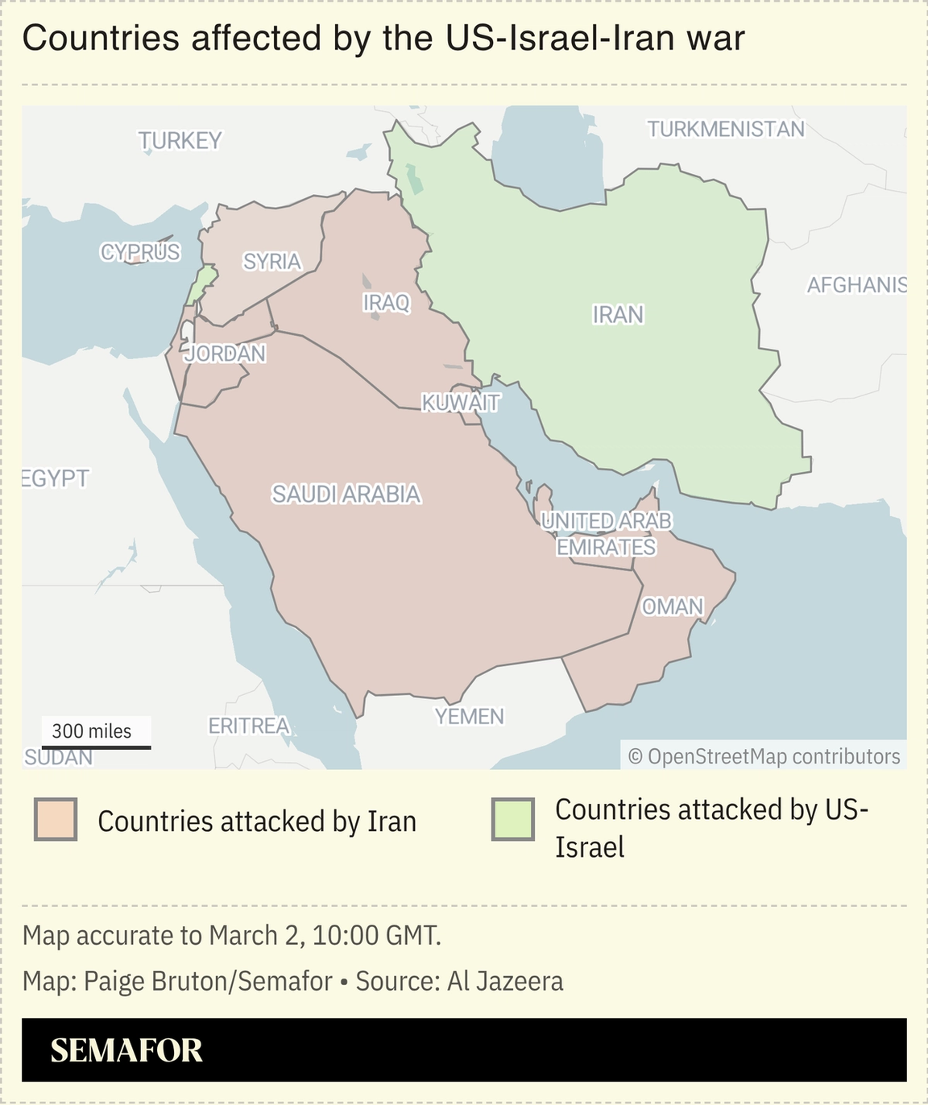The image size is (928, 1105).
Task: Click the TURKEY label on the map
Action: (x=180, y=141)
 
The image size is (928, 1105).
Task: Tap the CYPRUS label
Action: (x=140, y=252)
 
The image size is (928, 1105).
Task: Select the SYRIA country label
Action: (x=272, y=262)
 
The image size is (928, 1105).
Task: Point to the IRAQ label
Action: (x=386, y=303)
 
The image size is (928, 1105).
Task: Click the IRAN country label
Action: (x=618, y=315)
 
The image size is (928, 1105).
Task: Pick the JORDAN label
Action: (x=225, y=354)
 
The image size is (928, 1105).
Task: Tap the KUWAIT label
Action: (x=461, y=403)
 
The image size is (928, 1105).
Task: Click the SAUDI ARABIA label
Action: (x=346, y=494)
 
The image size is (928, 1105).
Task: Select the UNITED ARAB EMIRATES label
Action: (x=606, y=534)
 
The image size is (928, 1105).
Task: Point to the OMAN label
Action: (x=673, y=606)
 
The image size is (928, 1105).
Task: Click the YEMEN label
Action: (x=469, y=716)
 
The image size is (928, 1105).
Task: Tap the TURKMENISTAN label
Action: (x=726, y=129)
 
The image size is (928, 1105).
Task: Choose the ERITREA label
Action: (x=248, y=726)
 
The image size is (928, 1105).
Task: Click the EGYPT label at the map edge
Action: (x=55, y=478)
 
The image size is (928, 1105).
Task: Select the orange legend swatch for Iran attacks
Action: (x=56, y=820)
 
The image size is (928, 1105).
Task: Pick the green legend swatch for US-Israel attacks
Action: (x=513, y=820)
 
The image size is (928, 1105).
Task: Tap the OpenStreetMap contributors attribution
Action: (x=764, y=756)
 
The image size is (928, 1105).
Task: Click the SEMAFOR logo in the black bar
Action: (x=126, y=1050)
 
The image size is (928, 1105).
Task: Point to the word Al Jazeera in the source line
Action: (x=505, y=981)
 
